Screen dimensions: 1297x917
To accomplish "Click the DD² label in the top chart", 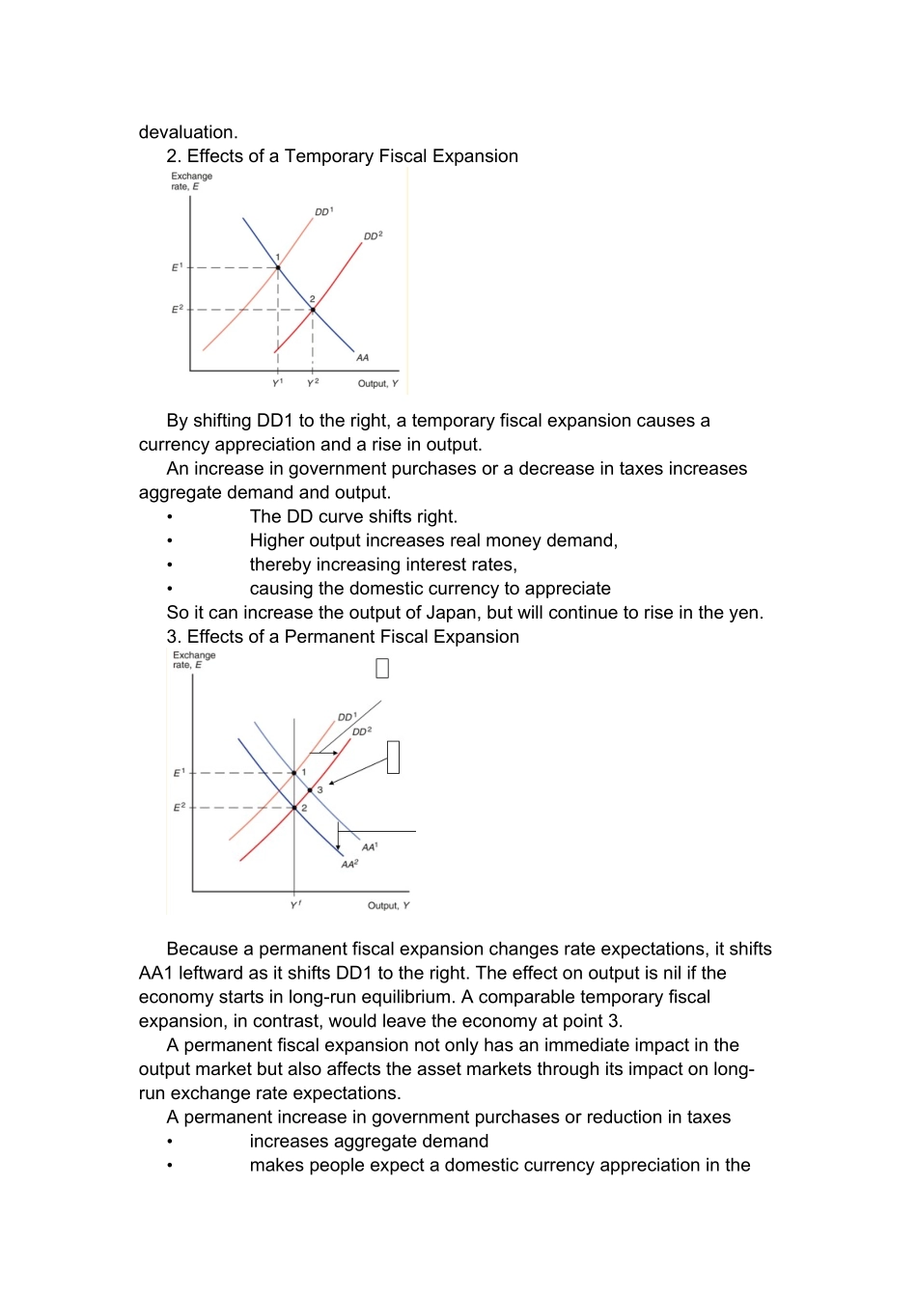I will pyautogui.click(x=373, y=235).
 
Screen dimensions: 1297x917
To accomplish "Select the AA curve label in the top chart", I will pyautogui.click(x=363, y=357).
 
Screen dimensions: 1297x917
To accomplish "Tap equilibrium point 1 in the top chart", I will pyautogui.click(x=278, y=267).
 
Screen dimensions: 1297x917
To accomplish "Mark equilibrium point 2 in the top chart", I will pyautogui.click(x=313, y=310).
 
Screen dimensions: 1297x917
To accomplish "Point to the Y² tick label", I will pyautogui.click(x=313, y=383).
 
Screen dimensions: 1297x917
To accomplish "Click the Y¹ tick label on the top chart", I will pyautogui.click(x=278, y=383).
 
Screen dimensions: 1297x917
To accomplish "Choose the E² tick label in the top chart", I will pyautogui.click(x=177, y=309).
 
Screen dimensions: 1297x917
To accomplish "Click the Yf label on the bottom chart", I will pyautogui.click(x=295, y=905).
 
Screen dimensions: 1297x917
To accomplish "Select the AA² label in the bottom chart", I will pyautogui.click(x=349, y=864).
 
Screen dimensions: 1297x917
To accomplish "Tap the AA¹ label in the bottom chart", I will pyautogui.click(x=370, y=846).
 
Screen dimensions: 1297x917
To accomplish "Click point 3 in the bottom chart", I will pyautogui.click(x=310, y=790).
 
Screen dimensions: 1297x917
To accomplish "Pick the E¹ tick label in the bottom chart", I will pyautogui.click(x=179, y=773).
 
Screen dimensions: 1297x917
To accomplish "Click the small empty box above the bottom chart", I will pyautogui.click(x=382, y=669).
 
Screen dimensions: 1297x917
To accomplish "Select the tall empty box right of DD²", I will pyautogui.click(x=393, y=757).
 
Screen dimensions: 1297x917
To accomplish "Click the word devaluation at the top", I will pyautogui.click(x=187, y=132).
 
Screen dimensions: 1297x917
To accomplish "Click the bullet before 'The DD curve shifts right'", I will pyautogui.click(x=170, y=517).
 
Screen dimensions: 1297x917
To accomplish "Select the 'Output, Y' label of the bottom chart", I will pyautogui.click(x=388, y=905).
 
